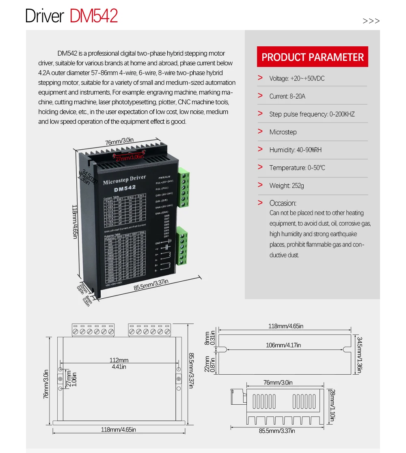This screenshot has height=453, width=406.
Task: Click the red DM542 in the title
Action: [94, 16]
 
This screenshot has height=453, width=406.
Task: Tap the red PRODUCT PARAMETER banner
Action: [313, 57]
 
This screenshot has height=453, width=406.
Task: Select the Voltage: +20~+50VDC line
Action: [297, 78]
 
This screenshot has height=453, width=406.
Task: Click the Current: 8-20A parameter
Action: [287, 96]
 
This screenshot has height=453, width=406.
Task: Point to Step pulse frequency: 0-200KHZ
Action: [312, 114]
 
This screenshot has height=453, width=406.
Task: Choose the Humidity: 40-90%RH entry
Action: [295, 150]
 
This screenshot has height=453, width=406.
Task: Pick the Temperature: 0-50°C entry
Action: [297, 168]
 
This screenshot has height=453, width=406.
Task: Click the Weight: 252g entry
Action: [286, 186]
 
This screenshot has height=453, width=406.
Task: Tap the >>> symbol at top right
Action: [371, 21]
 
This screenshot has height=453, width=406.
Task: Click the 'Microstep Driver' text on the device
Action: [124, 180]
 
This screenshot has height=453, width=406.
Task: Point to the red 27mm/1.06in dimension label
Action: [129, 157]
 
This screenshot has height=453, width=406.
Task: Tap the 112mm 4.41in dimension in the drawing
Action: [119, 363]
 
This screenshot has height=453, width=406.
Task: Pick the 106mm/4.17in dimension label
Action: [283, 345]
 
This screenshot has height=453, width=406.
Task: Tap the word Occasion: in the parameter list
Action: [283, 203]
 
